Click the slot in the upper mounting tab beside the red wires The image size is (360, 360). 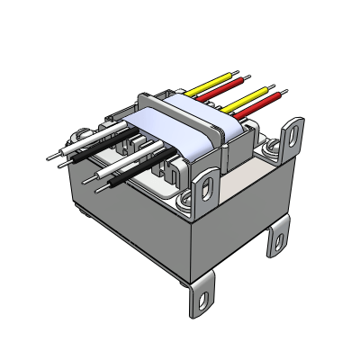click(292, 136)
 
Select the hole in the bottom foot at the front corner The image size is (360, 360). click(203, 295)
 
